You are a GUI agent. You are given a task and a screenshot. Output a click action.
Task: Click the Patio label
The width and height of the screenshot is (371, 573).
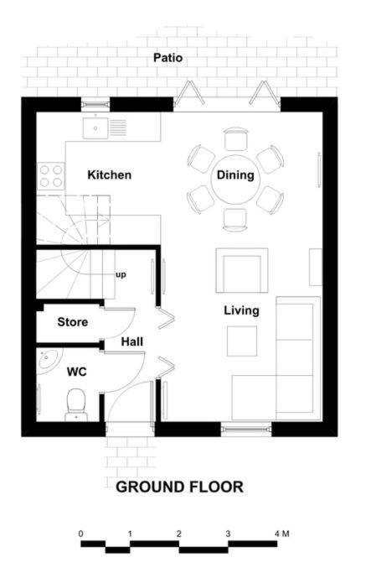(167, 58)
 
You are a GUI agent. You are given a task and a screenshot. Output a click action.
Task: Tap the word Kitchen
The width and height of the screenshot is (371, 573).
(110, 175)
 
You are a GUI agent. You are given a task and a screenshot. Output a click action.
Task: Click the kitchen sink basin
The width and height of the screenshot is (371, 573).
(95, 128)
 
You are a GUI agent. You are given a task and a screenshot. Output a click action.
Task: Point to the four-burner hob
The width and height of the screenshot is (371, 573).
(51, 176)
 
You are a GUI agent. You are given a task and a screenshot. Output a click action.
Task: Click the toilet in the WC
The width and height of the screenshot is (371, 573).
(76, 404)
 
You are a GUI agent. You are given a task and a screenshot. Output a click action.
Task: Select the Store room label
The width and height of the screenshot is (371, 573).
(73, 322)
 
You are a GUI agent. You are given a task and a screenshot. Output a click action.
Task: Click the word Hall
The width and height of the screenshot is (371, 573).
(132, 342)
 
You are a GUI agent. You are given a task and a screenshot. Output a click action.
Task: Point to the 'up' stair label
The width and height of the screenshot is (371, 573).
(121, 275)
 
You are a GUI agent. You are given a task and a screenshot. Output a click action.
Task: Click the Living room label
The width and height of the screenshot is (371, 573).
(241, 310)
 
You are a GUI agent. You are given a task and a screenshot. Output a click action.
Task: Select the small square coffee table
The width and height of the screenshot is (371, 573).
(241, 341)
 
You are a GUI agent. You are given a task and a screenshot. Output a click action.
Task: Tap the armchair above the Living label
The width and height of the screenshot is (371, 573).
(242, 270)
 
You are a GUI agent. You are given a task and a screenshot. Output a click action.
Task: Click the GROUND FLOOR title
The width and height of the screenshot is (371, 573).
(179, 487)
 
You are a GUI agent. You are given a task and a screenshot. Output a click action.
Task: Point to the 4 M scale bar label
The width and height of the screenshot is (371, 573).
(282, 534)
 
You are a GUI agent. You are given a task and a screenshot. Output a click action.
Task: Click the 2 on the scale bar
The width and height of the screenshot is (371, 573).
(178, 534)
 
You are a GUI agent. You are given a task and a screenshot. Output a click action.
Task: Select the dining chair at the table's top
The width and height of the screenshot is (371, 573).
(236, 139)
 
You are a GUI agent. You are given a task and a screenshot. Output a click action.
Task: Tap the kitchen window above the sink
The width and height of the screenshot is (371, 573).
(95, 105)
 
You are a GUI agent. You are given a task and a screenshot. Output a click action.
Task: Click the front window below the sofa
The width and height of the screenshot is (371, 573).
(246, 429)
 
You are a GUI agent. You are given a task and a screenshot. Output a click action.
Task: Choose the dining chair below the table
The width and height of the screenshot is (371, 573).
(235, 220)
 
